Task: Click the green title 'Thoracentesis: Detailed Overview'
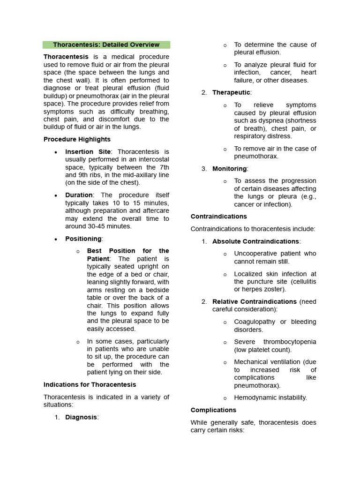pos(106,45)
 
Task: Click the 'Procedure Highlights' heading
pos(77,139)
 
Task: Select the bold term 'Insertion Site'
pos(88,152)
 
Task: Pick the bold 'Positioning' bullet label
pos(83,239)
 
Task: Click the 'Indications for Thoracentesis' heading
pos(90,384)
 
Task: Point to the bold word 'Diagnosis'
pos(81,417)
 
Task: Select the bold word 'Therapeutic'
pos(232,93)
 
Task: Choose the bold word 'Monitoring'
pos(229,169)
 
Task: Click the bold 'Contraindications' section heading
pos(218,217)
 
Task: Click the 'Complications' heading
pos(213,410)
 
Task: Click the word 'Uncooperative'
pos(256,254)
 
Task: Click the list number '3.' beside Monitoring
pos(204,169)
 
